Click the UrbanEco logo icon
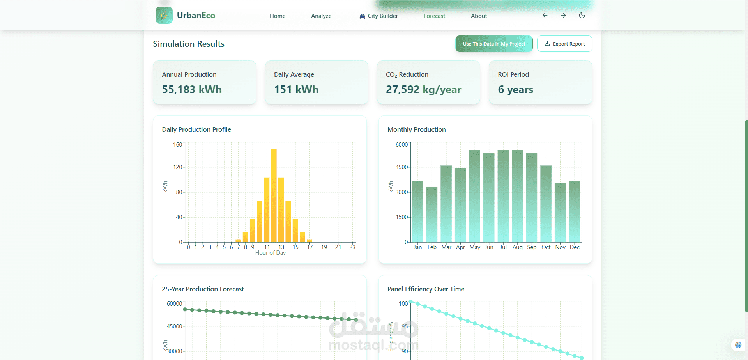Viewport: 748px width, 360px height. point(164,16)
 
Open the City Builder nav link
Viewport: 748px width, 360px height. point(379,16)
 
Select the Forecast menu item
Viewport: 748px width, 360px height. point(434,16)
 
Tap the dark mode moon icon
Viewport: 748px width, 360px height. point(582,16)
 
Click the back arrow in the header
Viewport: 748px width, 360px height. point(545,16)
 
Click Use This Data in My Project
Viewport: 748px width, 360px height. point(494,44)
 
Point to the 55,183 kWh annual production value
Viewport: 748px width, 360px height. point(192,90)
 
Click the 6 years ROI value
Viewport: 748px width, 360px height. point(515,90)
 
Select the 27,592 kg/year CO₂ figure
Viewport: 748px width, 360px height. point(423,90)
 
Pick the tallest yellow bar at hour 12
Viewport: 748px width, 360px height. point(274,195)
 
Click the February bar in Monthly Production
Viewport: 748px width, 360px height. point(432,215)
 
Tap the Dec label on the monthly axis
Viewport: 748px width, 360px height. point(575,247)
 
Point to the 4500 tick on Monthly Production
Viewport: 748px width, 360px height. point(401,167)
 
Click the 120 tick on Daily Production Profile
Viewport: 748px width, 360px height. point(177,167)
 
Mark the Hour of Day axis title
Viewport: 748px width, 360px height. point(271,253)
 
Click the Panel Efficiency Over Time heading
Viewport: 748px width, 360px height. point(426,289)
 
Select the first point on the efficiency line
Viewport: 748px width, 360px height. point(411,301)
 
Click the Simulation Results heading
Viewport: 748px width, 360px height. point(189,44)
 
